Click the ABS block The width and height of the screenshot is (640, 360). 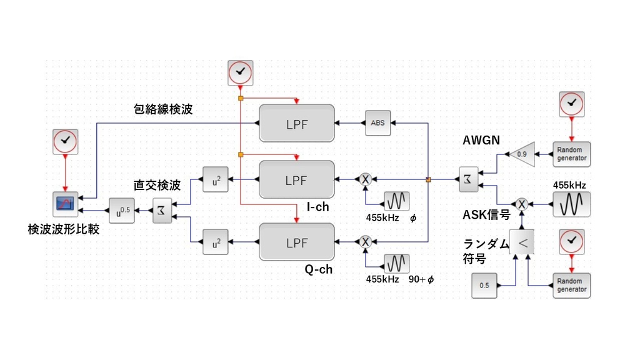point(377,122)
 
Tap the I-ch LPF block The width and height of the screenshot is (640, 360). point(296,179)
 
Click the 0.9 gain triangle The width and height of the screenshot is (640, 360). point(522,154)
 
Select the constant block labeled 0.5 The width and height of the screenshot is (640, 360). point(484,285)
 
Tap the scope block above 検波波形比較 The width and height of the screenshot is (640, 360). point(65,204)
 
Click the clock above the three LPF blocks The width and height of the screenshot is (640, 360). point(240,73)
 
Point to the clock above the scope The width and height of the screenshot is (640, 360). point(65,142)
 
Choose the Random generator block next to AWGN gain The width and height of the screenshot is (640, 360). point(571,154)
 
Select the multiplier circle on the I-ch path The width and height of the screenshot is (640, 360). point(366,179)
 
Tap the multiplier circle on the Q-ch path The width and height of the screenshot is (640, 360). point(366,241)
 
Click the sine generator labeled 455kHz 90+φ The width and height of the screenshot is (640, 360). point(396,261)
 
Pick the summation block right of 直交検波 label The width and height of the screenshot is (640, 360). point(161,211)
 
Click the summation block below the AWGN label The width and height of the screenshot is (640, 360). point(468,179)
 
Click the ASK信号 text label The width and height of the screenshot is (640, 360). point(486,214)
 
